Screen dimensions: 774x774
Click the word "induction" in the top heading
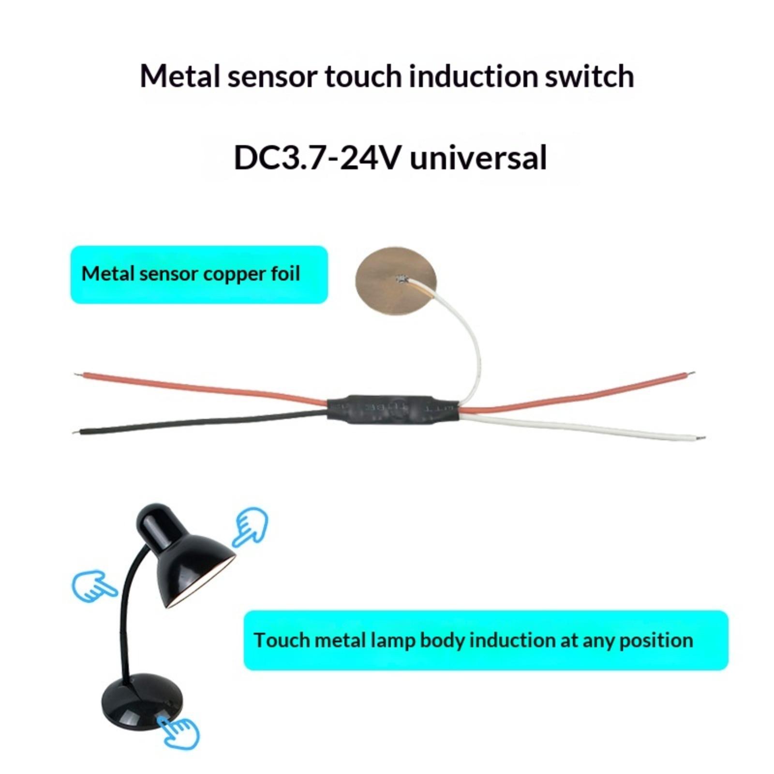(x=473, y=76)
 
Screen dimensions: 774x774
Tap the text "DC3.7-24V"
(x=317, y=158)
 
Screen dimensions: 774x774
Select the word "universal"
(x=478, y=158)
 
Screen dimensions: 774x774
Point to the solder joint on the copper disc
(x=401, y=279)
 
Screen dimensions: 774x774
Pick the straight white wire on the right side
(x=580, y=426)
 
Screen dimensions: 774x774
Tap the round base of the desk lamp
(x=143, y=700)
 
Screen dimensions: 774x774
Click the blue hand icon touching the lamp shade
(x=250, y=526)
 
